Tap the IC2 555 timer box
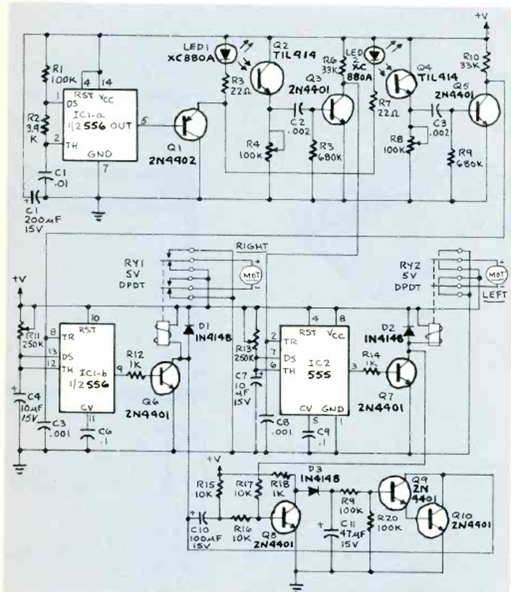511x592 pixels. click(x=310, y=372)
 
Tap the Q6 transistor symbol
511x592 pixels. click(x=165, y=377)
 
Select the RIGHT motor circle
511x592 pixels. click(x=247, y=274)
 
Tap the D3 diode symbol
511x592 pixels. click(x=312, y=491)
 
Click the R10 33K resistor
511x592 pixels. click(x=486, y=63)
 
